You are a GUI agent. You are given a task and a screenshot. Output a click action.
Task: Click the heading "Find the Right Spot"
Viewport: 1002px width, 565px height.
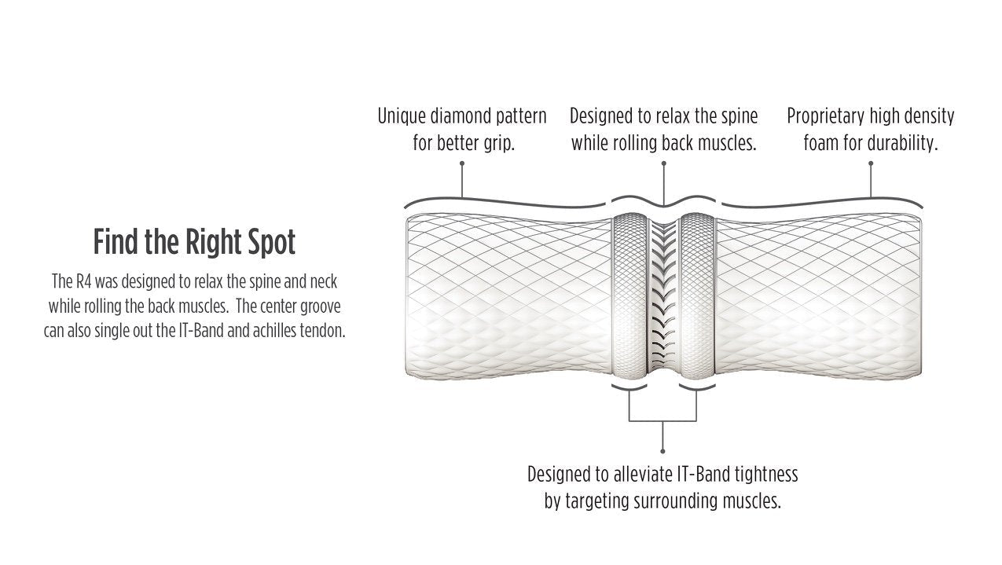coord(194,242)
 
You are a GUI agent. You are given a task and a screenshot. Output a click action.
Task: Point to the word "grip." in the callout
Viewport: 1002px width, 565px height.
coord(499,145)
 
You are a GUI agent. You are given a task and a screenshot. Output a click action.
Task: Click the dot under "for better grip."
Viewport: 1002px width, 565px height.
coord(462,163)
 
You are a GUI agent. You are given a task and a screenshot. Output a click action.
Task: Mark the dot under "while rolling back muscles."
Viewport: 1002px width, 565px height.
coord(664,163)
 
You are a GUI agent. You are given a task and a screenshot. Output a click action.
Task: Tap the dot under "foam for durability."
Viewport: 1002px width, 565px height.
coord(871,163)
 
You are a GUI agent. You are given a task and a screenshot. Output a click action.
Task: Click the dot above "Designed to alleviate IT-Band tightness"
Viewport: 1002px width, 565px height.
coord(662,451)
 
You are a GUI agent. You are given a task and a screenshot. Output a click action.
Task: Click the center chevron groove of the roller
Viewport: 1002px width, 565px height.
coord(663,295)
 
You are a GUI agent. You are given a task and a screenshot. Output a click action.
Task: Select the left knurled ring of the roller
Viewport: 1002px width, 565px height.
coord(629,295)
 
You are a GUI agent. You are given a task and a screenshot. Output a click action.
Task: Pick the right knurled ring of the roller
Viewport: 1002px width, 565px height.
coord(697,295)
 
